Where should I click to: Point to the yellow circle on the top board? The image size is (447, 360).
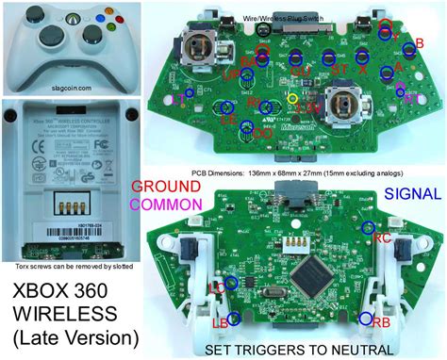pos(292,98)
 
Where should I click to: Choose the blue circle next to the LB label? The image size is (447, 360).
pos(232,319)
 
